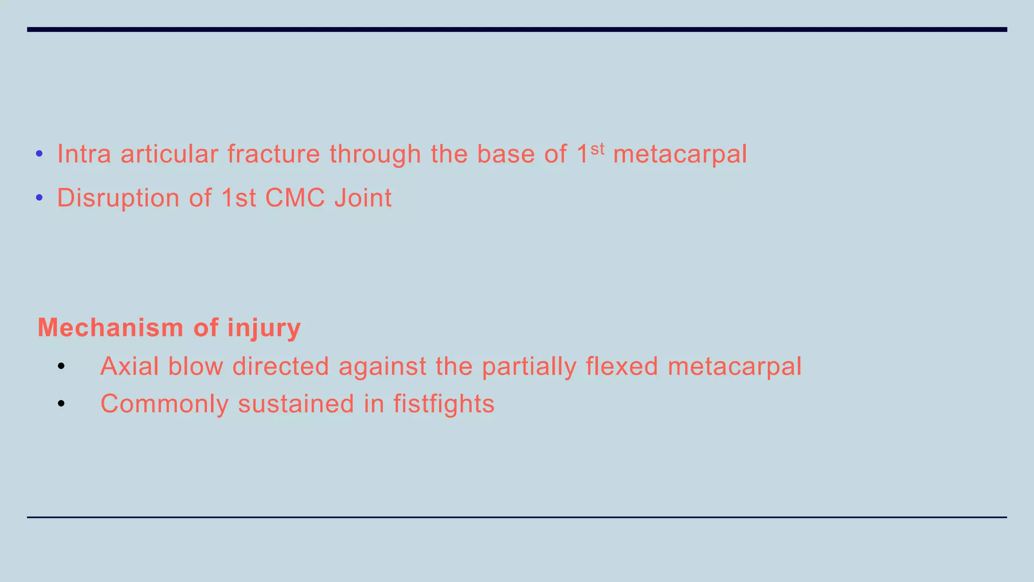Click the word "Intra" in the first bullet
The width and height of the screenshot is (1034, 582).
click(x=84, y=154)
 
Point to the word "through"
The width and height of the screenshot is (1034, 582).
click(x=375, y=155)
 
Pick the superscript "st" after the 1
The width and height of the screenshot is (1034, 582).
click(x=597, y=149)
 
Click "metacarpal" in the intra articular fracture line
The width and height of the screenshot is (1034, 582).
click(x=680, y=155)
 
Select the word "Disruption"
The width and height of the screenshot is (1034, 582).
click(x=118, y=198)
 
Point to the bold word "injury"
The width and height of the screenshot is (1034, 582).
click(x=264, y=328)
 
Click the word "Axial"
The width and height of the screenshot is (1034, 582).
click(x=129, y=366)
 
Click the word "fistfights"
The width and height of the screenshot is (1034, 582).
click(x=444, y=404)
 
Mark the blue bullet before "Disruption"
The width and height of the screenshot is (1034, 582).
click(x=39, y=198)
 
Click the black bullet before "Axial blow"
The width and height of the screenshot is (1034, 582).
click(x=61, y=366)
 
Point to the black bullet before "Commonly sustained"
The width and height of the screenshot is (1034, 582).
click(x=61, y=404)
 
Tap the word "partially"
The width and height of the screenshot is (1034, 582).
click(x=529, y=367)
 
